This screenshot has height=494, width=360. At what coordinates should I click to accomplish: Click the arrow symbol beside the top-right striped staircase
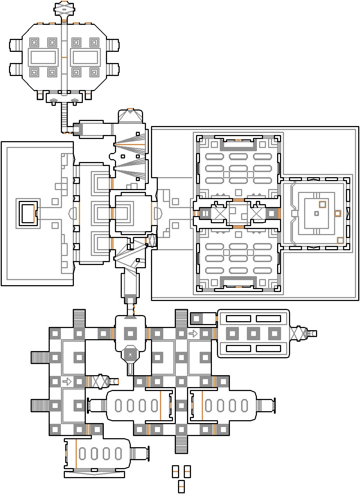click(193, 333)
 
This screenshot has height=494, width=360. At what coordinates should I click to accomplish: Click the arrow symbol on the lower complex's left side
click(67, 381)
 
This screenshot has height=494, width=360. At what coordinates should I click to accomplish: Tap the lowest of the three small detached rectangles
click(181, 486)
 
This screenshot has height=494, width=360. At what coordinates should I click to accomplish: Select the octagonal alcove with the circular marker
click(130, 355)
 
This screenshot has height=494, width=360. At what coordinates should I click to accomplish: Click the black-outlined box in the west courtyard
click(27, 213)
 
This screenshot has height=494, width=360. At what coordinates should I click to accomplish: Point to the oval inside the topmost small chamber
click(64, 10)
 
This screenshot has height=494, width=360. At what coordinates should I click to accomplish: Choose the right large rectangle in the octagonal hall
click(85, 57)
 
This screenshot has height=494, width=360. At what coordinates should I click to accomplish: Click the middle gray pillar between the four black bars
click(253, 333)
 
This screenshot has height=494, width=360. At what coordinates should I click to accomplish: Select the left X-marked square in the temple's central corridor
click(219, 213)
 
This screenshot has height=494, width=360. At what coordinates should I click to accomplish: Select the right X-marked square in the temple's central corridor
click(257, 213)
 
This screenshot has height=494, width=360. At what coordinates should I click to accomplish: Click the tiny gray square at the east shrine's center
click(316, 214)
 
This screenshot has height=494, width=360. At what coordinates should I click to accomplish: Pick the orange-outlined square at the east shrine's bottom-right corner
click(341, 240)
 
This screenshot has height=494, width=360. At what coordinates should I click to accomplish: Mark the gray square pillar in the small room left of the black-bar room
click(196, 319)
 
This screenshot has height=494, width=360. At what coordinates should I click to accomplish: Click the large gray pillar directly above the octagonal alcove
click(130, 333)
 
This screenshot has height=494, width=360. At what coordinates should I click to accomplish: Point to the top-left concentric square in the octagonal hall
click(34, 42)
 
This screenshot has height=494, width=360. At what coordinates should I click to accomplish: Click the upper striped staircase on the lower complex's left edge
click(40, 358)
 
